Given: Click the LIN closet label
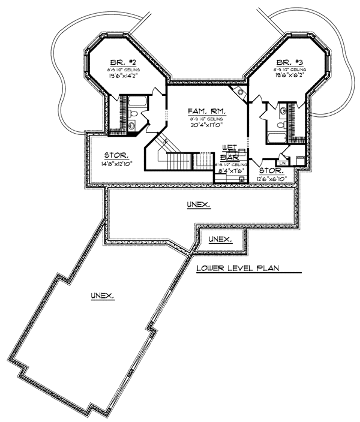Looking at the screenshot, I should point(281,162).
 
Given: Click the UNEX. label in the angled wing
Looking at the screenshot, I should point(103,296).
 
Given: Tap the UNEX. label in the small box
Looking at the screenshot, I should point(220,240).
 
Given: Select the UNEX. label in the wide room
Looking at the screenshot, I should point(198,205).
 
